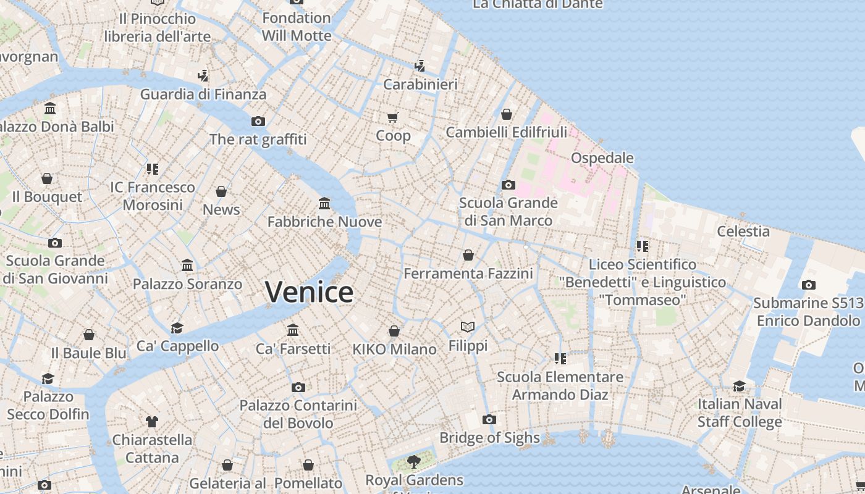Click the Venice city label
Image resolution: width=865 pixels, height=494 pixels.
(309, 291)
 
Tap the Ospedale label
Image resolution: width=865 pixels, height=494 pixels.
(602, 158)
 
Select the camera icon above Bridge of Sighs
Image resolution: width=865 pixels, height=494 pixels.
(489, 420)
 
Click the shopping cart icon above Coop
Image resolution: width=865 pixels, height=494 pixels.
(393, 117)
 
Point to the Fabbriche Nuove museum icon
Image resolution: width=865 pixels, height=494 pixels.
(324, 203)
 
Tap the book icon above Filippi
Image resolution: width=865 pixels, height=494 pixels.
(468, 327)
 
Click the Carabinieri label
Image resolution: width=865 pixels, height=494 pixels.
(420, 85)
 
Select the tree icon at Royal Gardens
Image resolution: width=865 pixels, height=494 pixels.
(413, 461)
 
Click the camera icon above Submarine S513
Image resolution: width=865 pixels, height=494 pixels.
(808, 285)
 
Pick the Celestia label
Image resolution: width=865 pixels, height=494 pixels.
(743, 232)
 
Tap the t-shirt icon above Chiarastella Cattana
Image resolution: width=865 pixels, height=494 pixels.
(152, 422)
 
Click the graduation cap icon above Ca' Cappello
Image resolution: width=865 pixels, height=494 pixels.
(177, 328)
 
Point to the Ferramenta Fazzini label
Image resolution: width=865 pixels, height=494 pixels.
(468, 273)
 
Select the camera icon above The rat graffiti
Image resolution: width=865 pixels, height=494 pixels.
(258, 121)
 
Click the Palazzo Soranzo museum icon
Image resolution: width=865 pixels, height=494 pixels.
(187, 266)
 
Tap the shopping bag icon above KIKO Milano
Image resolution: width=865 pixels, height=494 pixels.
(394, 331)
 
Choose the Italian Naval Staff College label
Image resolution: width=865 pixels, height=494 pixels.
(740, 413)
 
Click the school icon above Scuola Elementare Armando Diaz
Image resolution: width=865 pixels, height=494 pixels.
(560, 358)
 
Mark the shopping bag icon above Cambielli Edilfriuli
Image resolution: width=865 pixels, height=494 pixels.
(507, 114)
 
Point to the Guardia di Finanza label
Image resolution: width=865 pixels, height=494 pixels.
(203, 94)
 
